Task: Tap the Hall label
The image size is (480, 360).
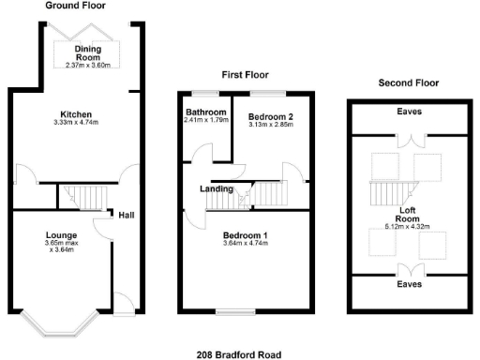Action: (126, 215)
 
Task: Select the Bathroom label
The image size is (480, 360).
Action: (206, 111)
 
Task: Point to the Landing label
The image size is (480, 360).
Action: (217, 188)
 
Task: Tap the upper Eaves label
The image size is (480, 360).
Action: (409, 112)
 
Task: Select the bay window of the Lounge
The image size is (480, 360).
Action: (60, 324)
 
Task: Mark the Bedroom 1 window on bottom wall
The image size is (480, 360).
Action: (231, 312)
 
